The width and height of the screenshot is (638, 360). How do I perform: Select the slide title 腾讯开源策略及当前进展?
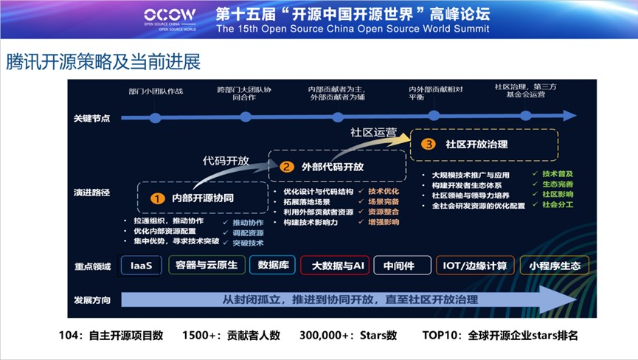[x=103, y=61]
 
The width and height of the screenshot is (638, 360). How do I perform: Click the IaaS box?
[x=141, y=266]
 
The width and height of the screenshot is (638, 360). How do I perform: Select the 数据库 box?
[x=272, y=266]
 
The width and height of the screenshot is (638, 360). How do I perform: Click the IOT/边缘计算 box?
[x=472, y=266]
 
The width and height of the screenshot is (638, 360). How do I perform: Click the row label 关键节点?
[x=91, y=118]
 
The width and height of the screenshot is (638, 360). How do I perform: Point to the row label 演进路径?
[x=91, y=192]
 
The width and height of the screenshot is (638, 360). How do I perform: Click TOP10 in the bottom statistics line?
[x=438, y=335]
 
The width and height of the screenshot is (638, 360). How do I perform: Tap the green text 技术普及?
[x=558, y=174]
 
